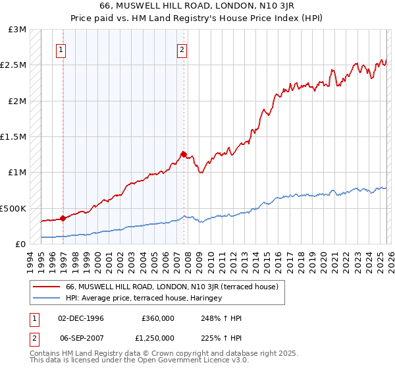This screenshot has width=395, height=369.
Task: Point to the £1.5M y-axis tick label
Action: click(x=14, y=137)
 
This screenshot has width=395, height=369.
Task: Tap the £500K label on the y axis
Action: click(x=14, y=208)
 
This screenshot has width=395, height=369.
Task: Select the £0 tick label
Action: click(x=21, y=244)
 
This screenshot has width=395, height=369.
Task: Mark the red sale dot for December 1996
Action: click(x=63, y=218)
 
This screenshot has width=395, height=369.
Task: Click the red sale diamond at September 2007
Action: click(x=183, y=154)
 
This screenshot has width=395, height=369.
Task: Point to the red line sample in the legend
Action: click(x=46, y=287)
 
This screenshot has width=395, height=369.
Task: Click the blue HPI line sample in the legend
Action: click(x=46, y=298)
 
